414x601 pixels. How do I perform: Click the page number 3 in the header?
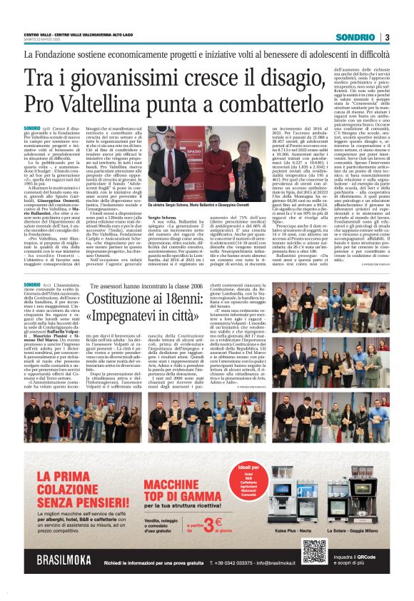pyautogui.click(x=387, y=37)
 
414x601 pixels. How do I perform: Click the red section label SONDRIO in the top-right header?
pyautogui.click(x=356, y=37)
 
